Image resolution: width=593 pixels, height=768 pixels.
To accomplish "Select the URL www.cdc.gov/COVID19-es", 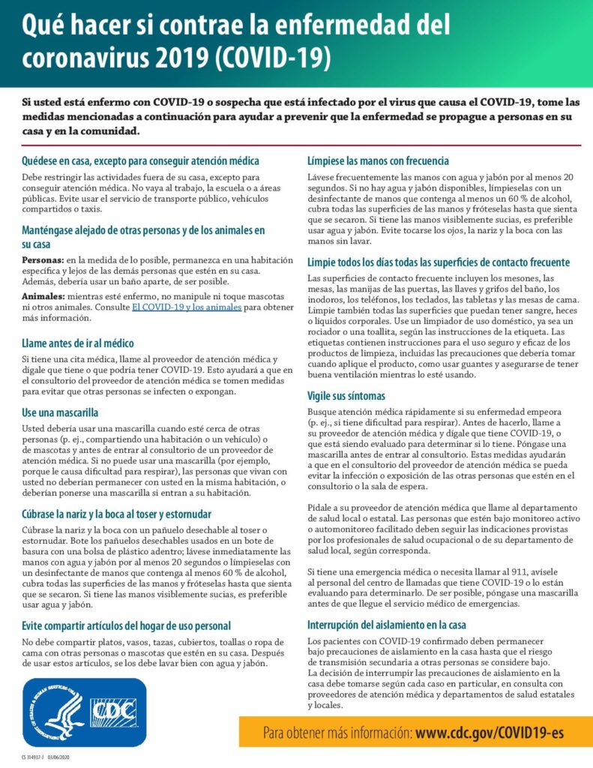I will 490,732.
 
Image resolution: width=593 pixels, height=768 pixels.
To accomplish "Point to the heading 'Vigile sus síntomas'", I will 346,395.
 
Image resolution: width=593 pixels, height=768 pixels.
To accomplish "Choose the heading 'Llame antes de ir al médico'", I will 82,343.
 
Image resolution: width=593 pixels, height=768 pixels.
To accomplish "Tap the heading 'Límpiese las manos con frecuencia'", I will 379,160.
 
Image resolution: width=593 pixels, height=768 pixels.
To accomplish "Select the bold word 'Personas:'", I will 44,257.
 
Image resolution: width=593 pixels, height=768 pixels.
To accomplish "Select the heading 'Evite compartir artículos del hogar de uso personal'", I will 126,625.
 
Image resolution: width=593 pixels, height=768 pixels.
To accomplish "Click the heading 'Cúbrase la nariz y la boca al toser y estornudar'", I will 116,514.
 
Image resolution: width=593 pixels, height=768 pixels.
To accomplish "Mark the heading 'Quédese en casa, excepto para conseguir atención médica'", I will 140,160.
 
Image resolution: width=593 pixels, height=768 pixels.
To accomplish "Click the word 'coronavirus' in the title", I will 87,56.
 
